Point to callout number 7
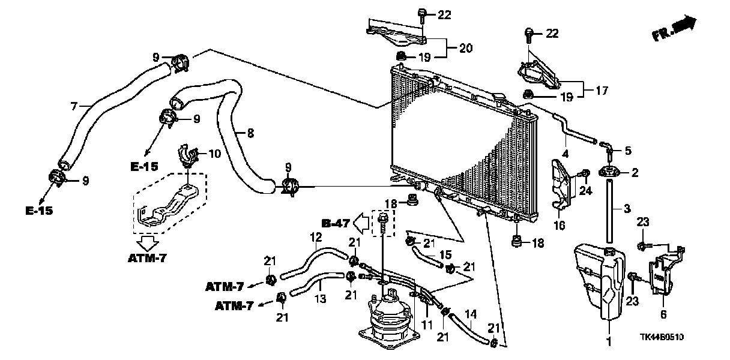coord(73,106)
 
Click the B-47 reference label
coord(334,224)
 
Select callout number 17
coord(602,91)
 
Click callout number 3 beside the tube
coord(626,208)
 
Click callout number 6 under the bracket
coord(663,314)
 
